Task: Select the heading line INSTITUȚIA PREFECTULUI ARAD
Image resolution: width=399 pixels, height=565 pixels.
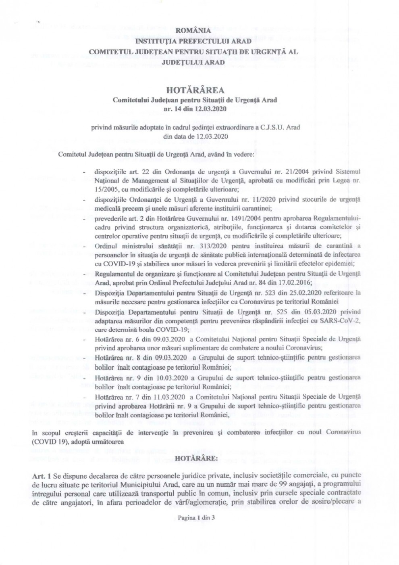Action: [193, 41]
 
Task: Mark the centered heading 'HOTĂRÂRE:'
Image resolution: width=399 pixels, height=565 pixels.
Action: [195, 459]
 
